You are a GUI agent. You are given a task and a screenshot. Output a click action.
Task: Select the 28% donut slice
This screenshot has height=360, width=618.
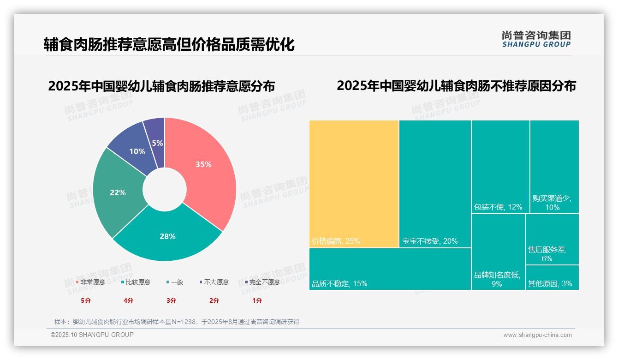[x=167, y=236]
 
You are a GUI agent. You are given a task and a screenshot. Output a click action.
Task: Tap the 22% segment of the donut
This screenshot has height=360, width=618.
[x=118, y=192]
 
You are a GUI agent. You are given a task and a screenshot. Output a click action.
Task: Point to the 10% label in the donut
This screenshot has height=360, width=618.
[x=137, y=151]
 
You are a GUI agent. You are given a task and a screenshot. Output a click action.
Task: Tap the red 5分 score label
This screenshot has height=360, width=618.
[x=86, y=300]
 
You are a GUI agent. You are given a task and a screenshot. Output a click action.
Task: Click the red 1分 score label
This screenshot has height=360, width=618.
[x=257, y=300]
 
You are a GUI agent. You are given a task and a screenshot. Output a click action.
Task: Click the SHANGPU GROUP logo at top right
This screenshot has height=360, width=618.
[x=536, y=39]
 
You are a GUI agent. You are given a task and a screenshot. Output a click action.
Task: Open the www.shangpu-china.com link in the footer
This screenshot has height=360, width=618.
[x=537, y=335]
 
